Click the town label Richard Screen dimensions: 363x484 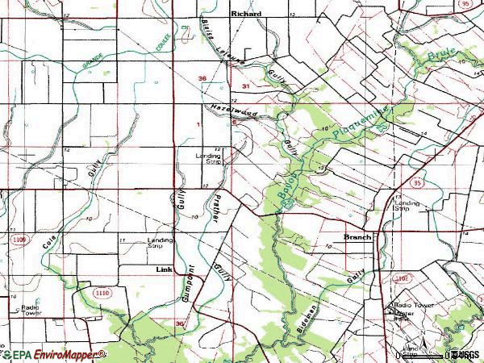[246, 14]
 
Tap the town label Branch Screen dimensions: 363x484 [357, 237]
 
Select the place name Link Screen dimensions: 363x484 [165, 269]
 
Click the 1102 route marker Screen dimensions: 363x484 [403, 277]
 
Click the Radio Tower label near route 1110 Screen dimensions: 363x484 [31, 311]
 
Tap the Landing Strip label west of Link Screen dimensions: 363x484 [160, 243]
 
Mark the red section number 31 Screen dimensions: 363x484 [245, 85]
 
